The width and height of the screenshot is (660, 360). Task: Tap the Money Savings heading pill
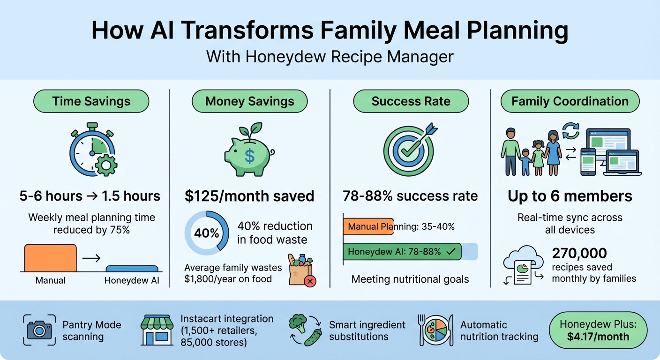click(249, 101)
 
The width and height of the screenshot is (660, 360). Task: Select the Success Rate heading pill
click(411, 101)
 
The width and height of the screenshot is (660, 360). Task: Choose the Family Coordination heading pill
click(570, 101)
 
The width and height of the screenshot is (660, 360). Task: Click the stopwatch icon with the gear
click(93, 150)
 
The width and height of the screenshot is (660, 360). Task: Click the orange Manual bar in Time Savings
click(50, 258)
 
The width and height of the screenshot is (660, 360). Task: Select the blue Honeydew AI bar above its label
click(132, 269)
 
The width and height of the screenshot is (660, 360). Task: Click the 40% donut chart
click(207, 233)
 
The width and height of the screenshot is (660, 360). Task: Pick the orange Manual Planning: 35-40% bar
click(368, 227)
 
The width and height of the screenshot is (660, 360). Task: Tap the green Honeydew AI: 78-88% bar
click(402, 252)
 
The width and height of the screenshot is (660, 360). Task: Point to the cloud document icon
click(523, 265)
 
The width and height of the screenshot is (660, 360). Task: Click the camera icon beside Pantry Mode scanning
click(39, 330)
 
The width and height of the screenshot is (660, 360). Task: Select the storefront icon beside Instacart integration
click(157, 330)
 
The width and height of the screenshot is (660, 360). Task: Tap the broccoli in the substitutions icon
click(298, 322)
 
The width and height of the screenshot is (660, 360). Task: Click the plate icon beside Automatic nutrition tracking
click(435, 330)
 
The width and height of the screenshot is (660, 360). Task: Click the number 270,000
click(579, 254)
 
